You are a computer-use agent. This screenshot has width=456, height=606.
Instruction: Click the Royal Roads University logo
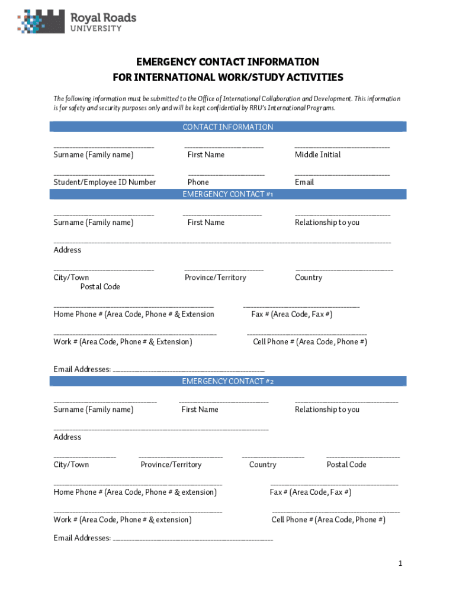pos(77,22)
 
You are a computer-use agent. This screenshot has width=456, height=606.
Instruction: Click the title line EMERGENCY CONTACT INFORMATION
pos(228,62)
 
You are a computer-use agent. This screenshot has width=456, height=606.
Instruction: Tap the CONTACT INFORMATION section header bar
pos(228,127)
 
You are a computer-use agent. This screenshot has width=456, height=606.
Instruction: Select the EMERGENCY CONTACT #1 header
pos(228,194)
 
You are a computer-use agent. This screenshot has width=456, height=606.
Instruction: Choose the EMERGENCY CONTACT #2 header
pos(228,381)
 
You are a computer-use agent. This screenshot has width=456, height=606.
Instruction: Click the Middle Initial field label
pos(318,154)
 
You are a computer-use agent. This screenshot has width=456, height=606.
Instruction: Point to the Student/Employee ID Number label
pos(105,182)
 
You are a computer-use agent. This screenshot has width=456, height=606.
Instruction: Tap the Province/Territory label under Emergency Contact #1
pos(216,278)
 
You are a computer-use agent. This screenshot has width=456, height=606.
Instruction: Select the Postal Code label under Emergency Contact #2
pos(346,465)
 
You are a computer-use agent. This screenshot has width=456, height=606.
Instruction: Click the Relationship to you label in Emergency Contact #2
pos(327,410)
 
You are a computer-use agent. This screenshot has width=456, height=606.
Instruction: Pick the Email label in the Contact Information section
pos(304,182)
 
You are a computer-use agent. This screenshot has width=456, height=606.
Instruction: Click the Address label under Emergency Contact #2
pos(68,437)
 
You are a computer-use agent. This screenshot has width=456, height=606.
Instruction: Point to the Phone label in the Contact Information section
pos(198,182)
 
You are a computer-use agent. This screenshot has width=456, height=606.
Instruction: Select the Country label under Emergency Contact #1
pos(309,278)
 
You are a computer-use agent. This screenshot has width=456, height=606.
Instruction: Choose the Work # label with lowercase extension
pos(123,520)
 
